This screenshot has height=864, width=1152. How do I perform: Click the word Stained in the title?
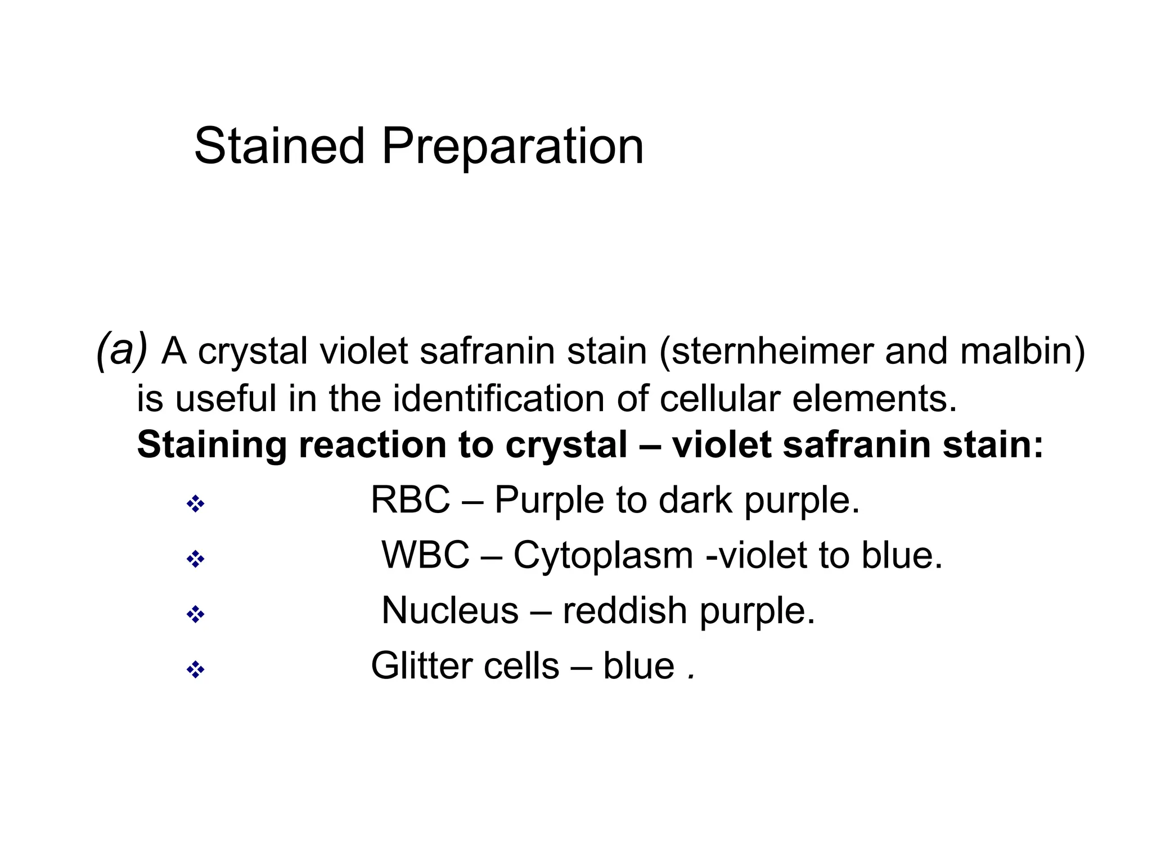tap(279, 146)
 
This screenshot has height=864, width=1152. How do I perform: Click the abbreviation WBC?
tap(425, 555)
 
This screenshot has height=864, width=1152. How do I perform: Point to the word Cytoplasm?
tap(602, 556)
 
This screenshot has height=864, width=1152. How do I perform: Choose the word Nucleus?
tap(449, 610)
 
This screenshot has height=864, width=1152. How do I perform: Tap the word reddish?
tap(624, 610)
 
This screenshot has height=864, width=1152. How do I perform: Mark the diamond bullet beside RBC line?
tap(195, 504)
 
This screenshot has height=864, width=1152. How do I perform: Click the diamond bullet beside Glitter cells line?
tap(195, 670)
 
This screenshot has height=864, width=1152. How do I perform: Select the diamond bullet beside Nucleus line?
tap(195, 615)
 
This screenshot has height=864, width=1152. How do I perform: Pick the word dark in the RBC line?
tap(695, 499)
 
